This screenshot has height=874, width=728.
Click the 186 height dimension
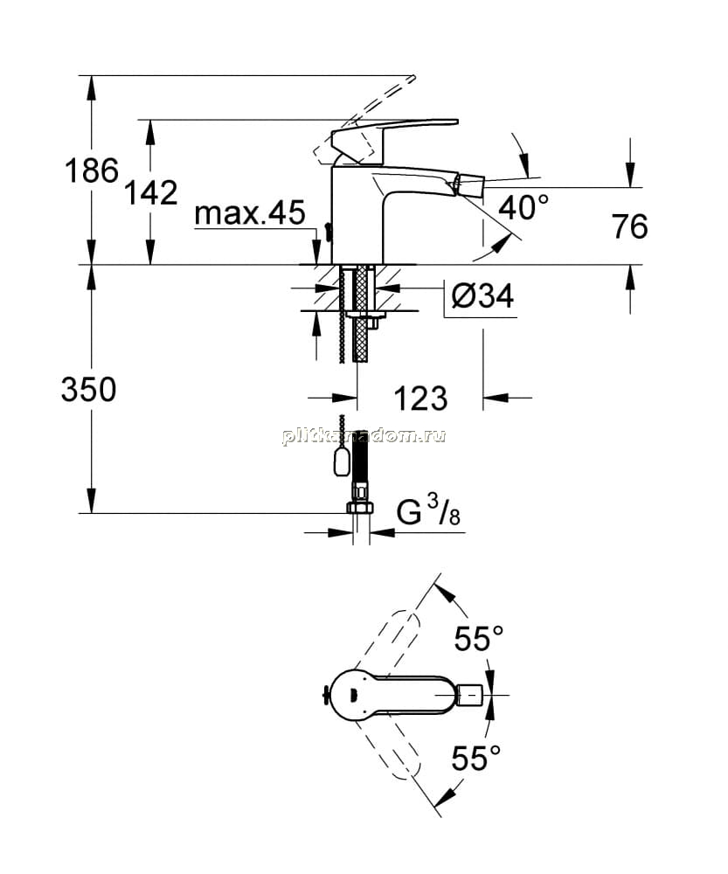(92, 170)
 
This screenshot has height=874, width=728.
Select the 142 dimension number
(150, 192)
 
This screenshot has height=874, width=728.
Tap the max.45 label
(250, 212)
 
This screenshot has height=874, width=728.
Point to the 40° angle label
(523, 207)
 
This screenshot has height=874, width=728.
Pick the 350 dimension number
(88, 389)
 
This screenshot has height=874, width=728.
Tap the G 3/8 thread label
(428, 512)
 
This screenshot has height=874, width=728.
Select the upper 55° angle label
(479, 638)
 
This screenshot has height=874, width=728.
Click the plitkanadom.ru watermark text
(364, 436)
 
